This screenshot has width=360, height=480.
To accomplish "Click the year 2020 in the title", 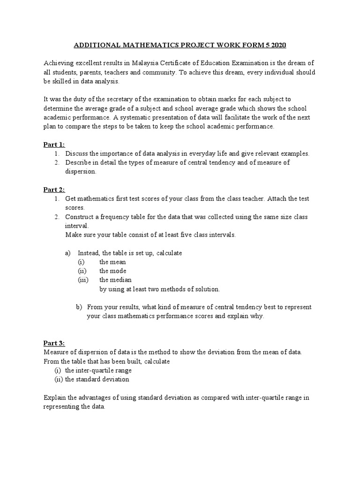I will point(277,45).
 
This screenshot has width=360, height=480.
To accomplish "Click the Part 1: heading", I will point(54,144).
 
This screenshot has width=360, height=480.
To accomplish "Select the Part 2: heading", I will point(54,189).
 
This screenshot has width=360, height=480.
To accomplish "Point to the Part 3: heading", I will point(54,343).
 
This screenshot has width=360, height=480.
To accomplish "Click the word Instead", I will point(89,253).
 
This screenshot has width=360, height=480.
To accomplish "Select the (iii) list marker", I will point(82,280).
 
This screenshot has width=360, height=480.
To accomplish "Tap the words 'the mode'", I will point(112,271).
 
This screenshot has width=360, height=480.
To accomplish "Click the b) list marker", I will point(79,307).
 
